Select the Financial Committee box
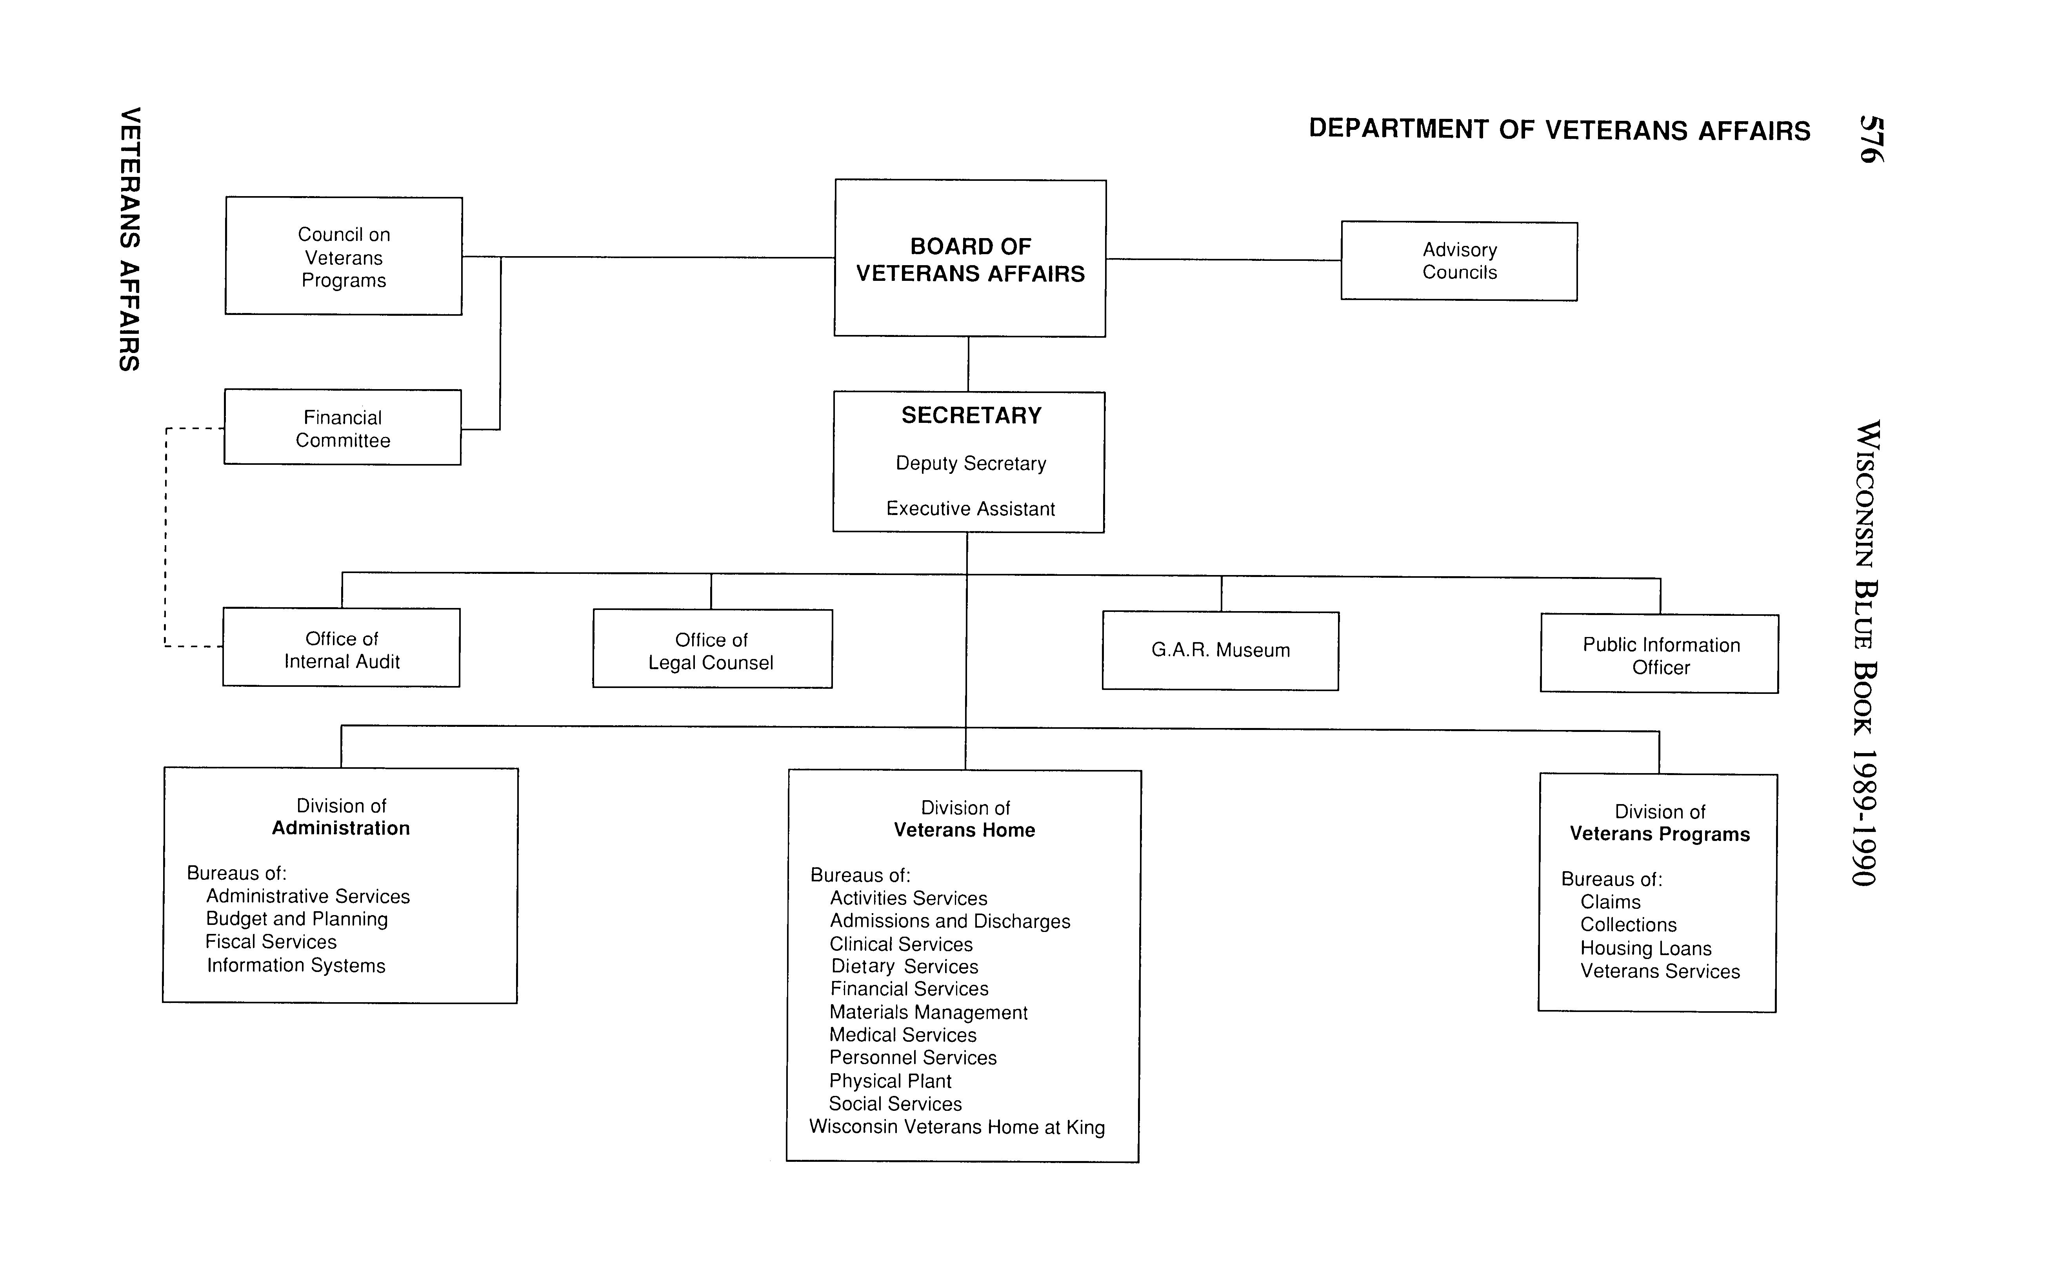pyautogui.click(x=343, y=428)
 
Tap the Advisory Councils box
pyautogui.click(x=1459, y=261)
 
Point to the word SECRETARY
pyautogui.click(x=971, y=415)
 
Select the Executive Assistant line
pyautogui.click(x=971, y=509)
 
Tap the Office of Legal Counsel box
pyautogui.click(x=712, y=650)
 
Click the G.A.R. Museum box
pyautogui.click(x=1221, y=650)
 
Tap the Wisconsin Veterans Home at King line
pyautogui.click(x=957, y=1127)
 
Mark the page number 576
pyautogui.click(x=1870, y=139)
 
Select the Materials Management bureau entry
pyautogui.click(x=928, y=1013)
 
